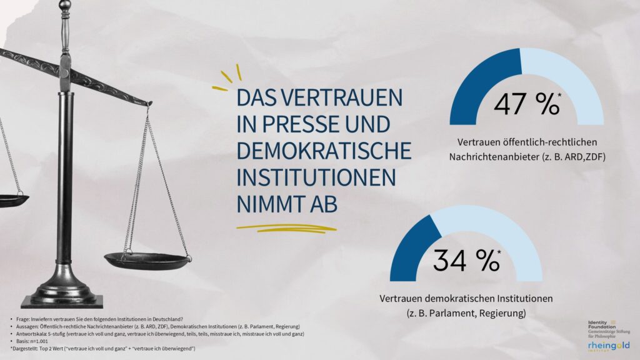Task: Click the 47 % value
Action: tap(526, 103)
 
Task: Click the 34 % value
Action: tap(466, 260)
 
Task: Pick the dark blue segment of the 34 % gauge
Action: tap(410, 247)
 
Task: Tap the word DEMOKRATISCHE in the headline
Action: tap(324, 151)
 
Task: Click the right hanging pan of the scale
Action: tap(147, 257)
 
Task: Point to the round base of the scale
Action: tap(62, 294)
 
